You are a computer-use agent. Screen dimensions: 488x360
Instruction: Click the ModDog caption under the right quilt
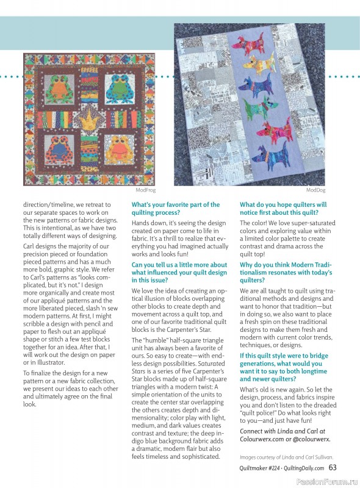(315, 190)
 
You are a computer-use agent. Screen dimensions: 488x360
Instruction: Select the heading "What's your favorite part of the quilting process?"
(176, 209)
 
